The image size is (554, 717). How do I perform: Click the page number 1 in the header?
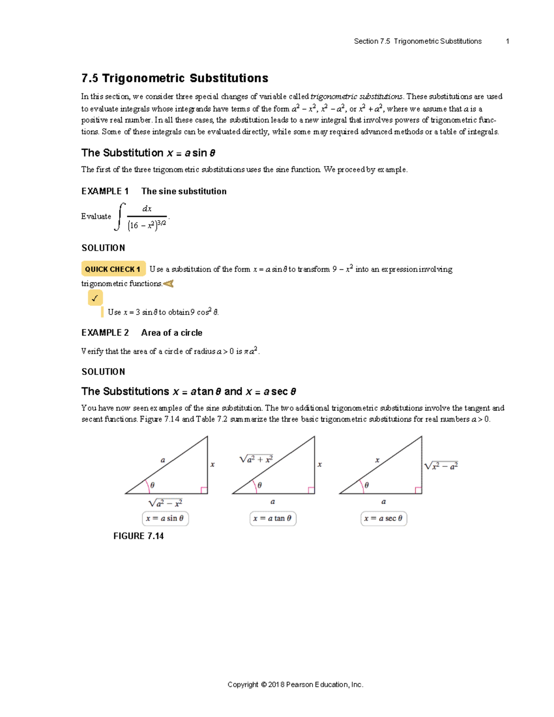coord(507,41)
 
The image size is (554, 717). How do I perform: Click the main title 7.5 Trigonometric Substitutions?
coord(175,78)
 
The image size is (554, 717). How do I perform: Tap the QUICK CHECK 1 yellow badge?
coord(113,269)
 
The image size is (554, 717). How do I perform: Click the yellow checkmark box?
coord(95,298)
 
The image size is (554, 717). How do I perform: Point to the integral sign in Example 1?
coord(120,216)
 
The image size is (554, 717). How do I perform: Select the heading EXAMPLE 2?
coord(105,333)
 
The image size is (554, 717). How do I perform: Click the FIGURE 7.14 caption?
coord(138,536)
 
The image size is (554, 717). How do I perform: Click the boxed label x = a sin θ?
coord(165,518)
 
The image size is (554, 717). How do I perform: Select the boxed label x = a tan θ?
coord(272,518)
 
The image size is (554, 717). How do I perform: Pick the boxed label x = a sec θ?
coord(383,518)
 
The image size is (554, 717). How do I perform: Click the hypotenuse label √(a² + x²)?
coord(256,459)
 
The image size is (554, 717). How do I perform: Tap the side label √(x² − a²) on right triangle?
coord(441,466)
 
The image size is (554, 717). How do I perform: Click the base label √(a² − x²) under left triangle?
coord(165,503)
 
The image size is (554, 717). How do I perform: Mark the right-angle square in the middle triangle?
coord(311,490)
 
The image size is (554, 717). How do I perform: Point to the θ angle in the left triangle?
coord(152,485)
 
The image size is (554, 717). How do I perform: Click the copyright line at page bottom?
coord(295,685)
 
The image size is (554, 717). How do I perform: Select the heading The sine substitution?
coord(184,191)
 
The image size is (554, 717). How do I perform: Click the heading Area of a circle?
coord(172,333)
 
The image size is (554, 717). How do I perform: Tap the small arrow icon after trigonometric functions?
coord(169,283)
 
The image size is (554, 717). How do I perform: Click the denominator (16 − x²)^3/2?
coord(147,225)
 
